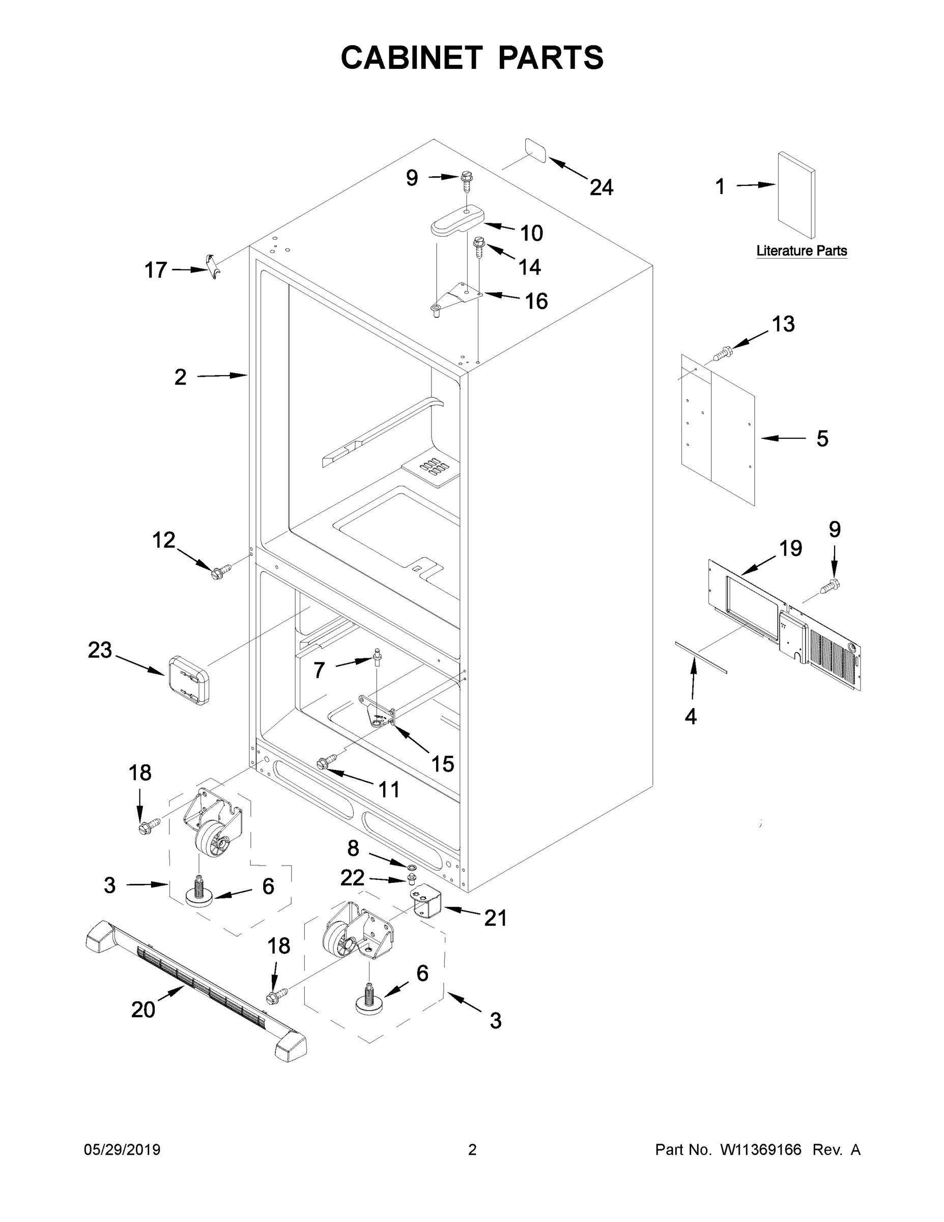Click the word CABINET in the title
(x=412, y=58)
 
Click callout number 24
(x=601, y=187)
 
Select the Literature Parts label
(x=801, y=251)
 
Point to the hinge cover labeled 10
(x=457, y=221)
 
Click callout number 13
(x=783, y=324)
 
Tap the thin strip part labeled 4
(x=700, y=658)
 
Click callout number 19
(x=790, y=549)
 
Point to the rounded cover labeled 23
(x=188, y=679)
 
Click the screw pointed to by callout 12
(x=220, y=571)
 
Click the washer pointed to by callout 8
(x=411, y=868)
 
